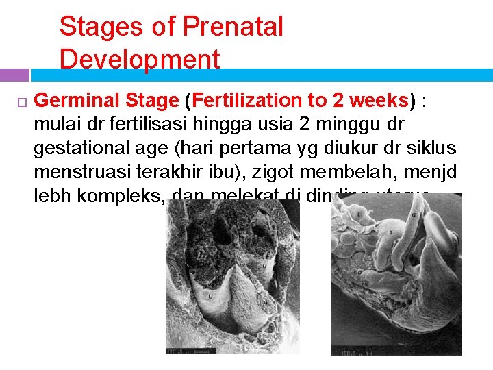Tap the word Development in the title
(140, 60)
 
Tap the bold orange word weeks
(379, 101)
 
